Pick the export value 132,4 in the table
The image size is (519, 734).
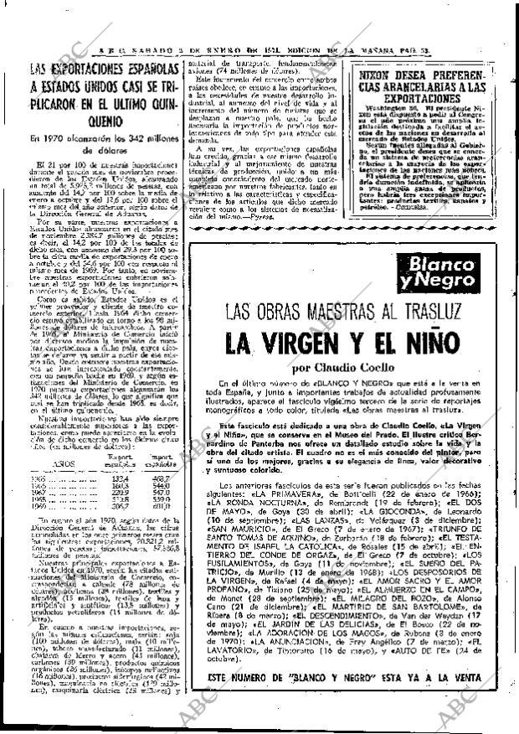pyautogui.click(x=98, y=478)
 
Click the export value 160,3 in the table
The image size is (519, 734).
pyautogui.click(x=98, y=485)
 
